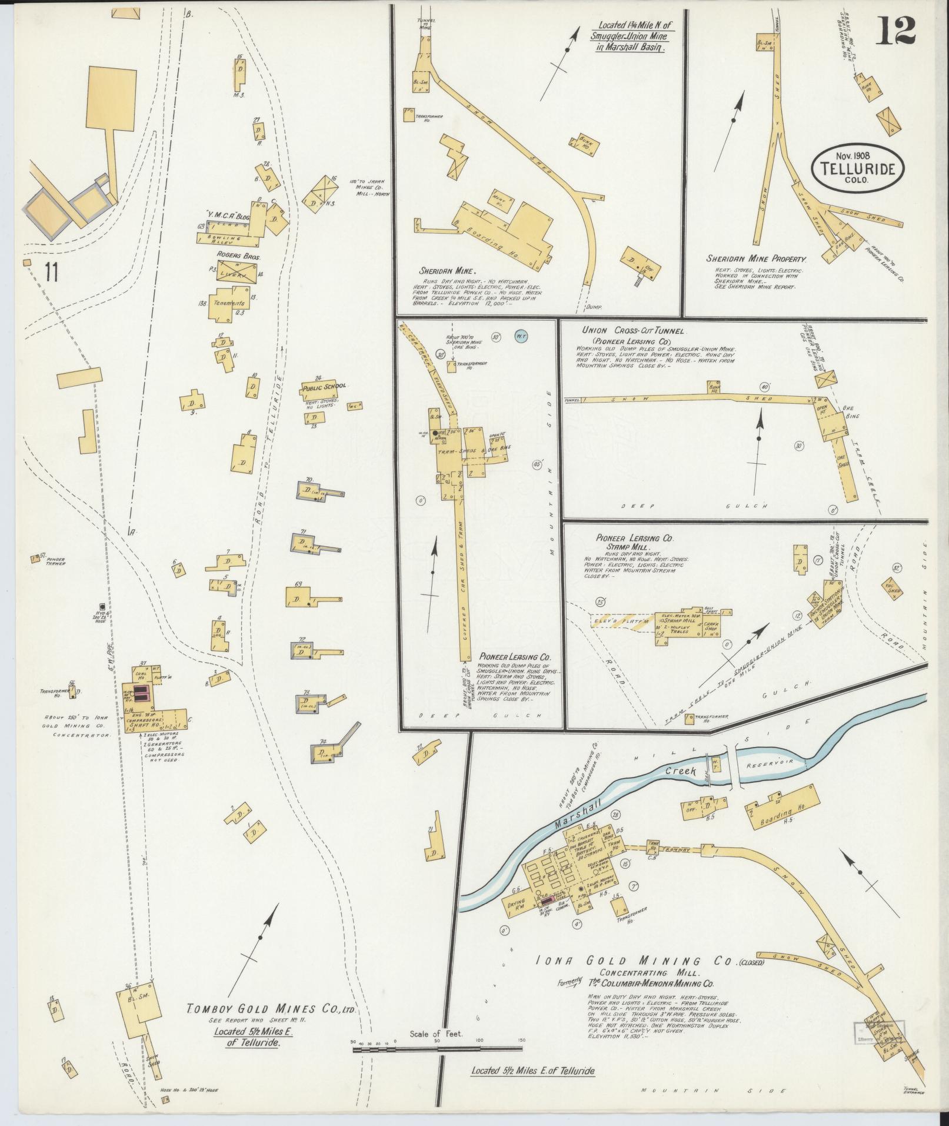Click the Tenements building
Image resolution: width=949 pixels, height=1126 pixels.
tap(229, 303)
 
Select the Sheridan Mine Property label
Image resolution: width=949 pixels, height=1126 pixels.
tap(757, 258)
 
